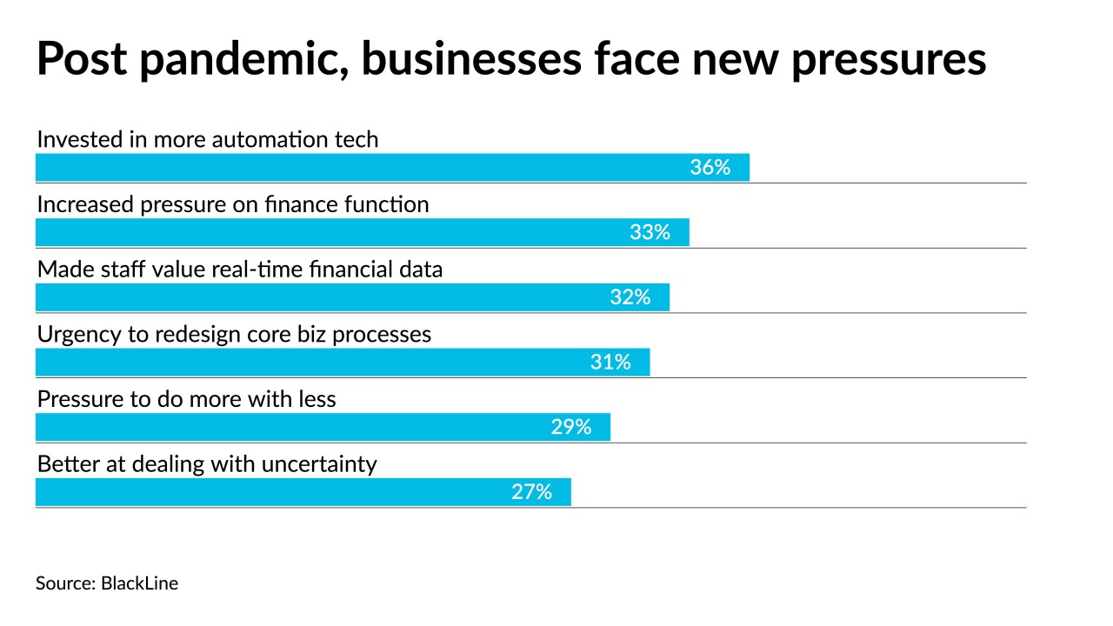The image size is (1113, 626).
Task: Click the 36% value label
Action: coord(710,168)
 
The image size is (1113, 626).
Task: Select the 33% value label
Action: coord(650,232)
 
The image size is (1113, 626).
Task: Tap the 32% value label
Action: coord(630,297)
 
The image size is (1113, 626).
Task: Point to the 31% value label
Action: coord(610,362)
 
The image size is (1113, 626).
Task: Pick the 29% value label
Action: coord(570,427)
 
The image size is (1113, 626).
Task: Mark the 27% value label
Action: coord(531,492)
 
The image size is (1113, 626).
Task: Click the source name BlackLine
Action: coord(139,583)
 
